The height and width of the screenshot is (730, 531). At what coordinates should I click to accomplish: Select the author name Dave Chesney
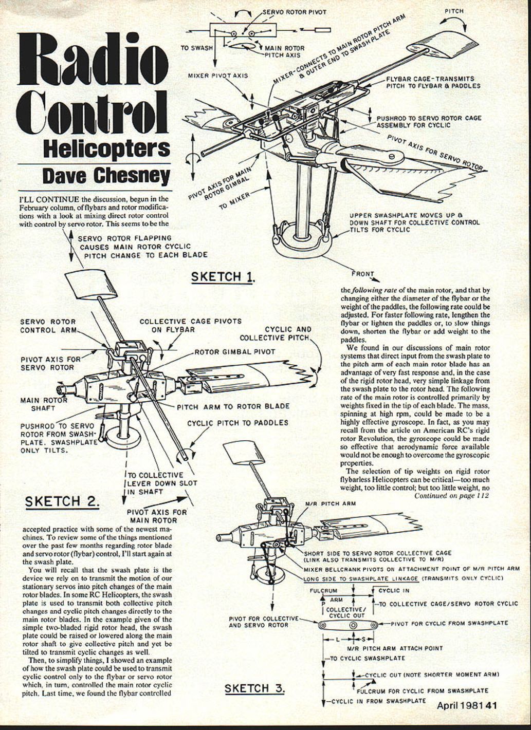106,176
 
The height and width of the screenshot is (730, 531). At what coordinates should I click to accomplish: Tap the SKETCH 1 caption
223,277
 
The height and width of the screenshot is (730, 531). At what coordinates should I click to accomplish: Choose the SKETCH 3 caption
254,688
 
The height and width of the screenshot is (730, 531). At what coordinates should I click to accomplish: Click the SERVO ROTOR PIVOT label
295,11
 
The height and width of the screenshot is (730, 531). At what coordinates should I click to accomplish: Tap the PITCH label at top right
454,11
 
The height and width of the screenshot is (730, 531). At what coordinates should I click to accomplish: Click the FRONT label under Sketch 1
363,274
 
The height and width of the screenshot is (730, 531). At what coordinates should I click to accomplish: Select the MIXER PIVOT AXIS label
218,76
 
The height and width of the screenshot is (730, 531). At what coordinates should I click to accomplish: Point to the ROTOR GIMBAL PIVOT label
234,352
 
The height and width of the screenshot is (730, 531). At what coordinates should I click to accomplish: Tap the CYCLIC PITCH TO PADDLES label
237,423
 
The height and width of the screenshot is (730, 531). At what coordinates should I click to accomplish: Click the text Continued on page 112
451,496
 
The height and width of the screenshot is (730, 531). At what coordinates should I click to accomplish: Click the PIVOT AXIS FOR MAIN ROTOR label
157,516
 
